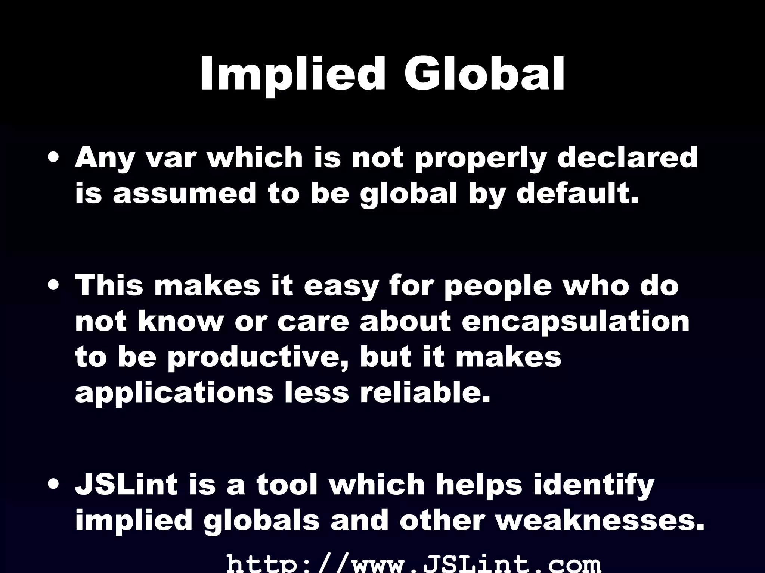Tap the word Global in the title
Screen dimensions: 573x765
484,74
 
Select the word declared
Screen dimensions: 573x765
628,158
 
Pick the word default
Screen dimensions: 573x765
577,193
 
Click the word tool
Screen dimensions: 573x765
287,484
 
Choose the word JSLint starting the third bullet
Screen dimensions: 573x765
126,484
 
